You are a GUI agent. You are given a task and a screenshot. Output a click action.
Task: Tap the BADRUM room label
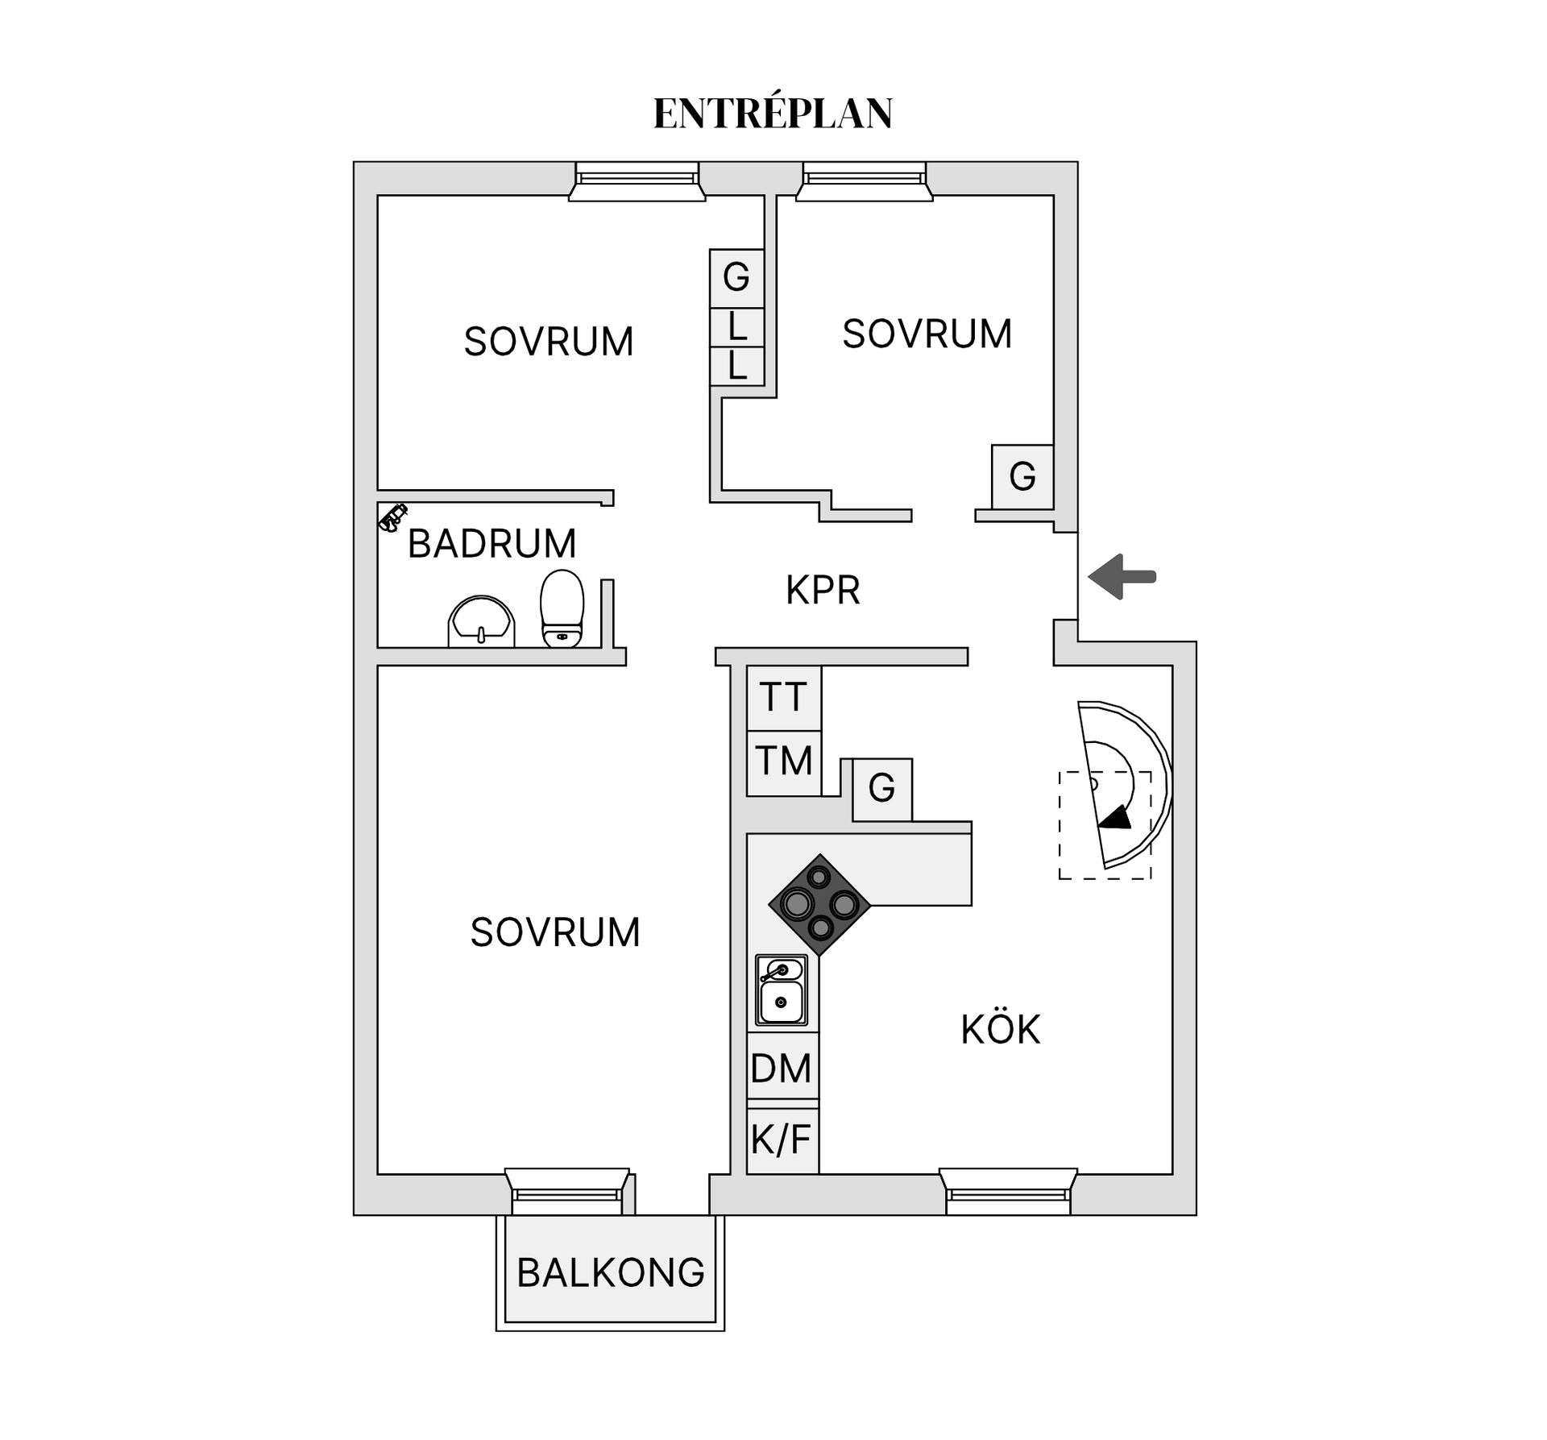(492, 543)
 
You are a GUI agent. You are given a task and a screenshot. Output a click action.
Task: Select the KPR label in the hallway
(823, 590)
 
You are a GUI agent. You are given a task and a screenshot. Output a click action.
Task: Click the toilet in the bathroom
(562, 608)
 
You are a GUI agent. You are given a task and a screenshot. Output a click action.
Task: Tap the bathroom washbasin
(481, 621)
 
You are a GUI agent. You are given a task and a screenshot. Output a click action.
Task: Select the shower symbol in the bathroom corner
(393, 517)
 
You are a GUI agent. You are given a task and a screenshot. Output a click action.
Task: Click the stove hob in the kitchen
(819, 905)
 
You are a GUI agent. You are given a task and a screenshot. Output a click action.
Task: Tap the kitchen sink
(781, 990)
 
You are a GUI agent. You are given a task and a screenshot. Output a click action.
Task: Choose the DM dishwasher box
(782, 1068)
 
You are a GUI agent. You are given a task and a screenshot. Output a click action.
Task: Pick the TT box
(784, 698)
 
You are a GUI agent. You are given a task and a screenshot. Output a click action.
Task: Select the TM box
(784, 762)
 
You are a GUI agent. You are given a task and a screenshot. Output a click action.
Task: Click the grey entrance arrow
(1122, 576)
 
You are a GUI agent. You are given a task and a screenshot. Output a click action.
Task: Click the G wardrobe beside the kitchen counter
(882, 789)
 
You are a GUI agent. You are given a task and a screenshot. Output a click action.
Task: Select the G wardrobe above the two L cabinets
(736, 278)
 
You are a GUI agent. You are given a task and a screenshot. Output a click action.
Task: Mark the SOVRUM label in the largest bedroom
(555, 932)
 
